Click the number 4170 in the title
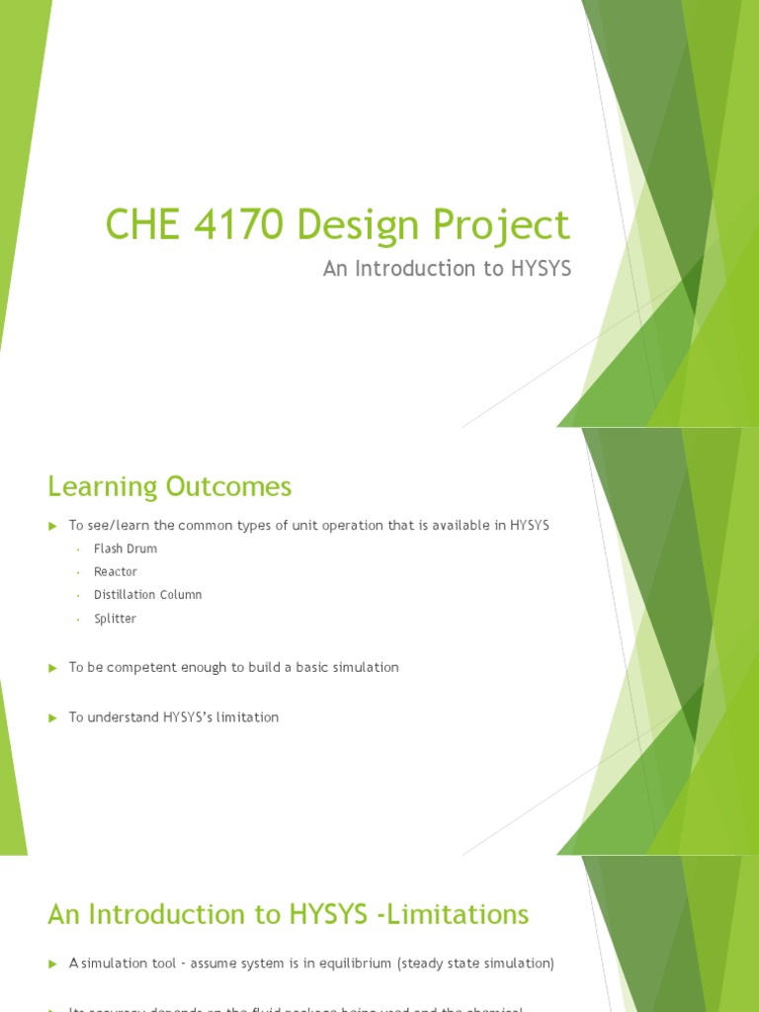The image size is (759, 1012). coord(229,225)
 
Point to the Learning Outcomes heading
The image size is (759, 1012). coord(169,486)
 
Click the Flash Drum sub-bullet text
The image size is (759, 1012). coord(126,548)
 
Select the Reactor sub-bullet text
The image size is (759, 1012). coord(116,572)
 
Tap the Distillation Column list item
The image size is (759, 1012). coord(147,595)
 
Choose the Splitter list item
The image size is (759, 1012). coord(115,619)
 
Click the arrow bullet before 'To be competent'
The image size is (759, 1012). coord(53,668)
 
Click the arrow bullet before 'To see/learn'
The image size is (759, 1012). coord(53,526)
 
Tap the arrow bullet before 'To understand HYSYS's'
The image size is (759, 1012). coord(53,717)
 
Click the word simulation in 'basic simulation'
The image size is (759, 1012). coord(364,668)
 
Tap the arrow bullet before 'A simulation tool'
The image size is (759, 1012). coord(53,963)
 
